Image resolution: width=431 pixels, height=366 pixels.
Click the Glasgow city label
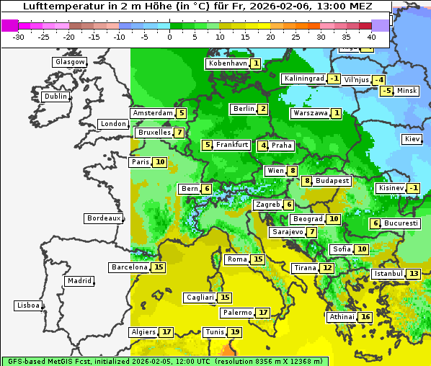pos(70,62)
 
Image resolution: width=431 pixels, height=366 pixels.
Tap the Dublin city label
pos(55,97)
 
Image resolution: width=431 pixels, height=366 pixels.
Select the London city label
pos(113,124)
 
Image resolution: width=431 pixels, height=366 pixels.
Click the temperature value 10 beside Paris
pos(159,162)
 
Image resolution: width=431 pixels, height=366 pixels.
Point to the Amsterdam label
pos(152,113)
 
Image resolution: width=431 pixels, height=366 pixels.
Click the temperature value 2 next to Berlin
pos(263,109)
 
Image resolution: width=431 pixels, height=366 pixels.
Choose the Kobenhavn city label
pos(227,63)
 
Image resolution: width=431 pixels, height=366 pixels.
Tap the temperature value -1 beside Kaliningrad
pos(334,79)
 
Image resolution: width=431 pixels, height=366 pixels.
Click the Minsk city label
pos(407,91)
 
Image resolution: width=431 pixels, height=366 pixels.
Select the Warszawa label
pos(310,113)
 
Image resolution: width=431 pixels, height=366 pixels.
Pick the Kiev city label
pos(412,139)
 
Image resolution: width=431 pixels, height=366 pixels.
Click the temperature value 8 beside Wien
pos(292,171)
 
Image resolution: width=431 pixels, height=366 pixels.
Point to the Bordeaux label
pos(104,218)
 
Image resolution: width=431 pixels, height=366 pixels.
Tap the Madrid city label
pos(79,281)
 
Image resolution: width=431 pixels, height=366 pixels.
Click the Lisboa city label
pos(27,305)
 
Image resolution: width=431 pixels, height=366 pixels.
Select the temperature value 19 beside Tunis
pos(235,332)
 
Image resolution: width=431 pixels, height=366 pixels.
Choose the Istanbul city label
pos(387,274)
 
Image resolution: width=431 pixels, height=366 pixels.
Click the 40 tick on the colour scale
pos(371,37)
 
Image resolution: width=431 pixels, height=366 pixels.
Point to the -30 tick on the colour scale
pos(19,37)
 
